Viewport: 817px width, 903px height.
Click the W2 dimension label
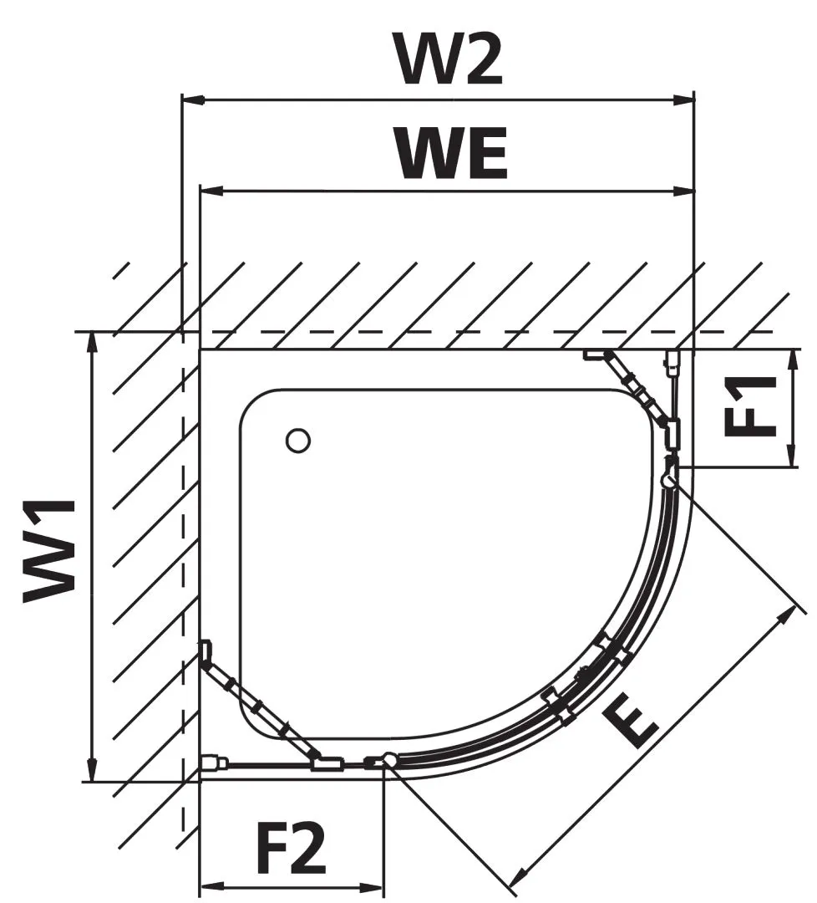click(450, 59)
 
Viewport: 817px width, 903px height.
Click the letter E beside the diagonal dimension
click(633, 722)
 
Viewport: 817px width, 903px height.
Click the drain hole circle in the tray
click(297, 440)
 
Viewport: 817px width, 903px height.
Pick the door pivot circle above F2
click(389, 760)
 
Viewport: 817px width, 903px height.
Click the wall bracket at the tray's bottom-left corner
click(214, 762)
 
